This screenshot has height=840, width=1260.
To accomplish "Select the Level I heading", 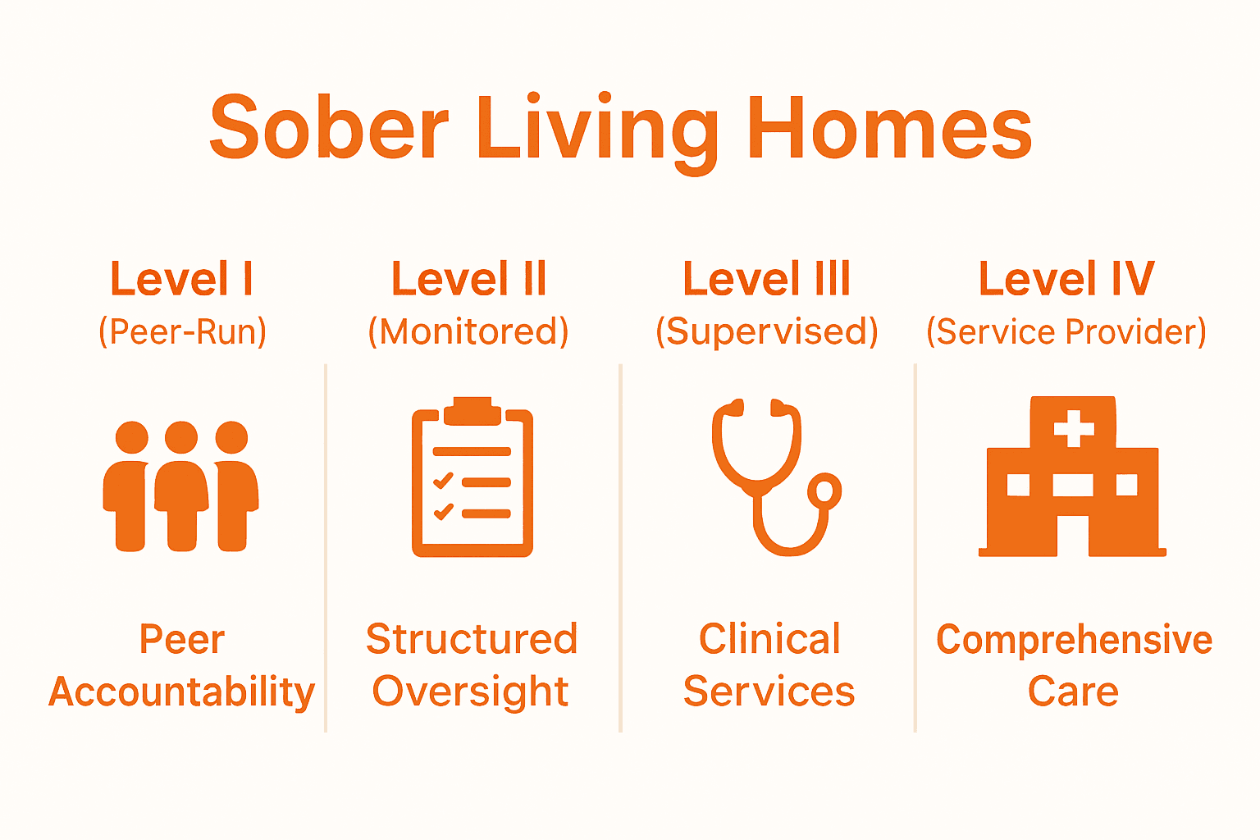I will [182, 279].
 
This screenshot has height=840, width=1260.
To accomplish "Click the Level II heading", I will [469, 279].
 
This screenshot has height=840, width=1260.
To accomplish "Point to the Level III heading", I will [767, 279].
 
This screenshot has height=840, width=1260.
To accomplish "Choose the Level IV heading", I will [1066, 279].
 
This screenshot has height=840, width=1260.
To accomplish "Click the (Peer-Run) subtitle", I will [182, 331].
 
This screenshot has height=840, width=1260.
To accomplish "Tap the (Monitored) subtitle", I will [468, 331].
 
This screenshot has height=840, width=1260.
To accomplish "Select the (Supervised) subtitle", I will [767, 331].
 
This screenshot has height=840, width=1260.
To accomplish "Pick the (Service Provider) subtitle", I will [1066, 331].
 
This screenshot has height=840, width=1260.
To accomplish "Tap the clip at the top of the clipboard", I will [472, 410].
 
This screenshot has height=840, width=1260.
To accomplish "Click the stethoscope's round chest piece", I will [824, 491].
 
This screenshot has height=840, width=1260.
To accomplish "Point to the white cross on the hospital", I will [1074, 427].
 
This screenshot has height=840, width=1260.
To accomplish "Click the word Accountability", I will [182, 692].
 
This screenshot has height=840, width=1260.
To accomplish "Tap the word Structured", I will [472, 639].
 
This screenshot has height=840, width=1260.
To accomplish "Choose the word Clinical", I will [769, 639].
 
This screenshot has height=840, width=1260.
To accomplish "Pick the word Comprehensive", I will [1074, 639].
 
